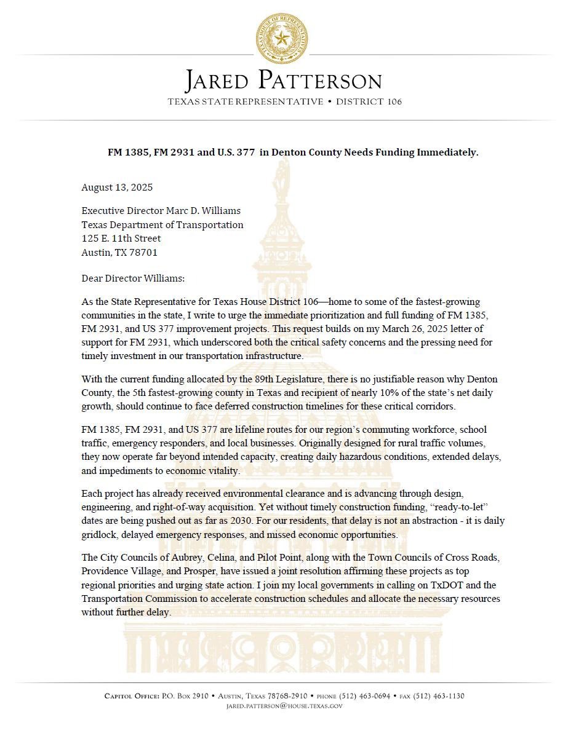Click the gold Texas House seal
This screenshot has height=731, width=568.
283,38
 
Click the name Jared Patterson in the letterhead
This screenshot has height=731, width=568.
284,81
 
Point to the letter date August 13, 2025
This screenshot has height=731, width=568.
117,187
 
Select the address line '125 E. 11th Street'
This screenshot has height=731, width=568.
121,238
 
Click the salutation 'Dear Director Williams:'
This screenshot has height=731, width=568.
133,278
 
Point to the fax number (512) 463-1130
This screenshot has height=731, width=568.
440,696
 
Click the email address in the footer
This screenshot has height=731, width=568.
284,706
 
